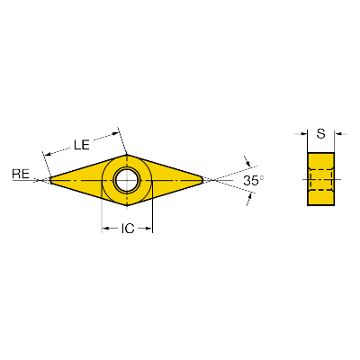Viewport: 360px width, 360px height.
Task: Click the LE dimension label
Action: click(x=82, y=145)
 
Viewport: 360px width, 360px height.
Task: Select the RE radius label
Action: click(x=21, y=174)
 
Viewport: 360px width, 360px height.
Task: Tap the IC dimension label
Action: click(x=128, y=229)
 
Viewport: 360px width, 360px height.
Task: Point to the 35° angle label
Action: click(x=254, y=181)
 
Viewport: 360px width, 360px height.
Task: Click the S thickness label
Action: click(x=321, y=133)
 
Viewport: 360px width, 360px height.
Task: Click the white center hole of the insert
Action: click(x=127, y=180)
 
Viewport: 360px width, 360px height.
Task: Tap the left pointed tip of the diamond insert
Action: click(x=50, y=180)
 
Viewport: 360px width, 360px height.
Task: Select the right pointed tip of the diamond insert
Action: click(x=203, y=180)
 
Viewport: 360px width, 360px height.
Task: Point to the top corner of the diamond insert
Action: click(x=127, y=155)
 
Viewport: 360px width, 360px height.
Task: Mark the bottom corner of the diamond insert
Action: click(x=127, y=206)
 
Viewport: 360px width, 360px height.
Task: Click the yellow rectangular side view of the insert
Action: click(x=321, y=179)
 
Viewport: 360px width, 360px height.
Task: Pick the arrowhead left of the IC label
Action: click(x=105, y=229)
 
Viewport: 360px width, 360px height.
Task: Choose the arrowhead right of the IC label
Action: click(x=149, y=229)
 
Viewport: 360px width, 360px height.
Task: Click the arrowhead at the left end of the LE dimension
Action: click(x=48, y=155)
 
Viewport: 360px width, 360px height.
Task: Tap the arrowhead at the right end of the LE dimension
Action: click(x=115, y=134)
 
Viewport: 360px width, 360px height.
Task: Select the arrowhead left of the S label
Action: click(x=303, y=134)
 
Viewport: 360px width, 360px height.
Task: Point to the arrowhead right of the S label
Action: click(x=338, y=134)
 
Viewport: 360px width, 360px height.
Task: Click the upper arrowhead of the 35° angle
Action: click(x=247, y=162)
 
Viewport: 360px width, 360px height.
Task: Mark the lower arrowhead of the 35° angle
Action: click(x=249, y=197)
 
